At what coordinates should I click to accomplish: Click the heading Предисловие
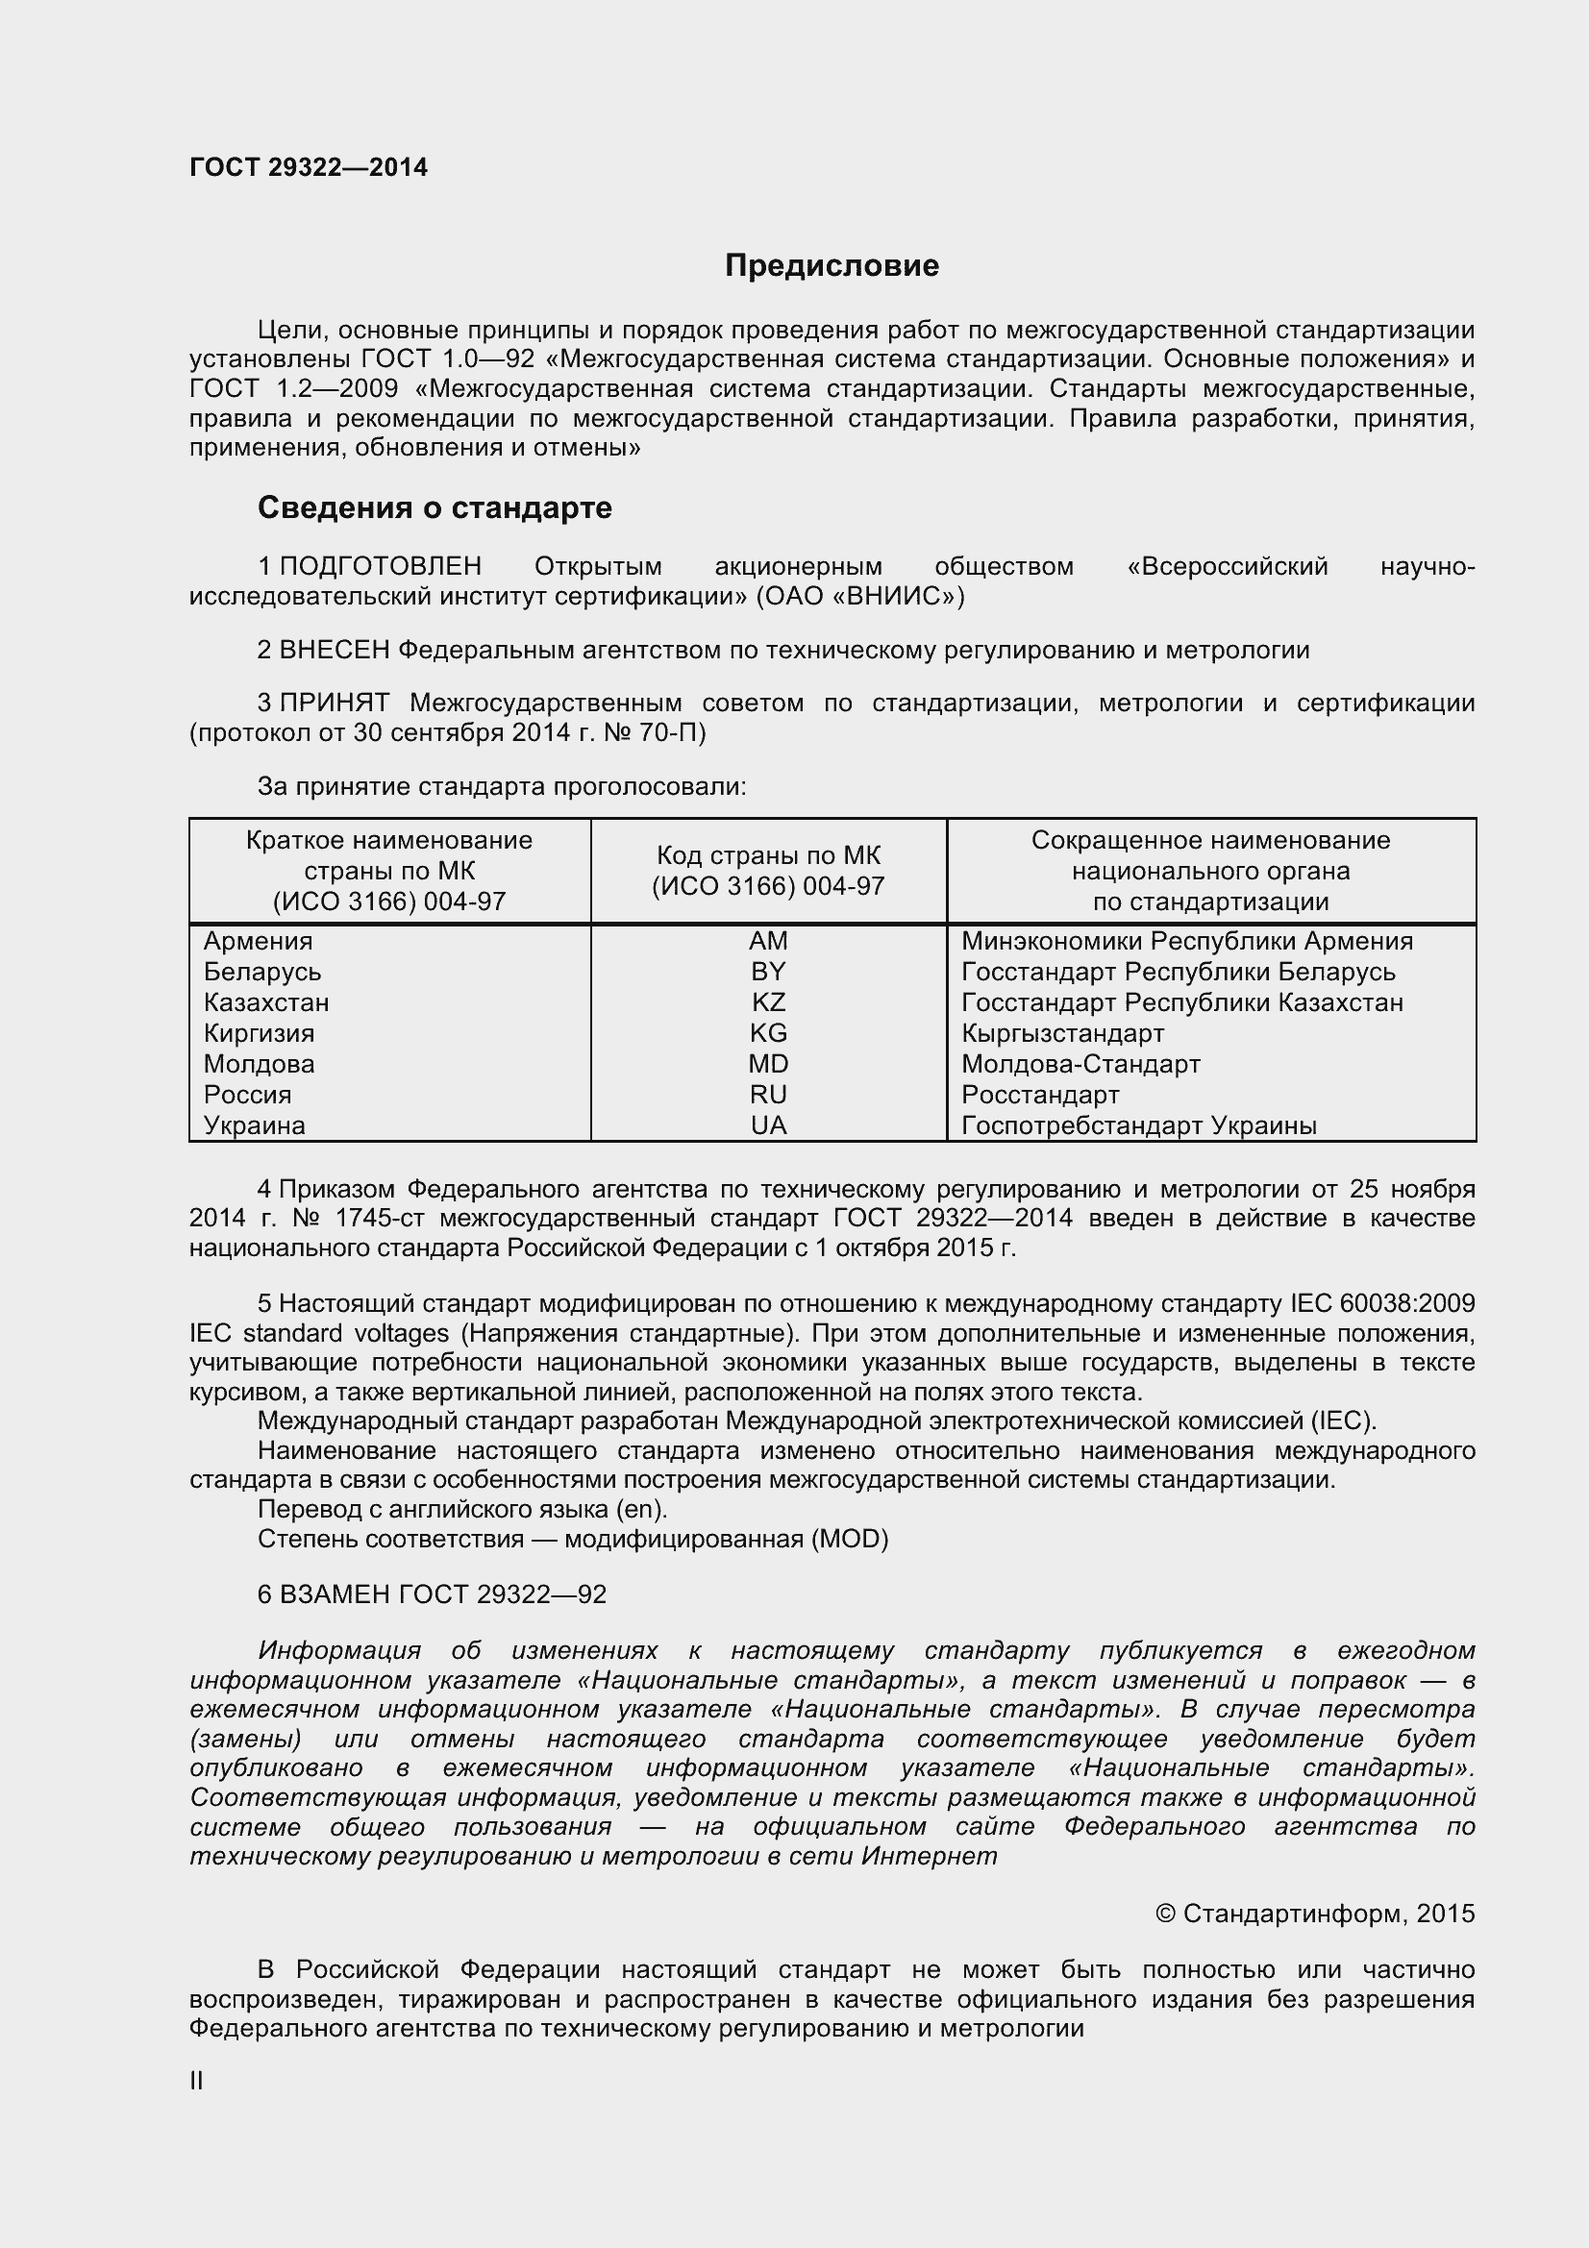pyautogui.click(x=832, y=265)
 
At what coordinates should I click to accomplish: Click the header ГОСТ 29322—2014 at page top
pyautogui.click(x=309, y=167)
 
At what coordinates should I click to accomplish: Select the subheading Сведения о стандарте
pyautogui.click(x=434, y=507)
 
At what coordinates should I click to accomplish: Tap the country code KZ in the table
pyautogui.click(x=769, y=1002)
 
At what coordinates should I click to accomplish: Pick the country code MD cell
pyautogui.click(x=769, y=1064)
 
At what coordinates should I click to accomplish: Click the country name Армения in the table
pyautogui.click(x=259, y=941)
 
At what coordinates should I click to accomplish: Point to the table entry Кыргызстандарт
pyautogui.click(x=1062, y=1034)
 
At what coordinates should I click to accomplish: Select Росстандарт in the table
pyautogui.click(x=1040, y=1095)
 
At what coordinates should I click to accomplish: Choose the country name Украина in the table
pyautogui.click(x=255, y=1126)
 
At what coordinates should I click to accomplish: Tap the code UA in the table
pyautogui.click(x=769, y=1126)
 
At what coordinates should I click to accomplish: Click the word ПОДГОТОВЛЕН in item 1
pyautogui.click(x=381, y=566)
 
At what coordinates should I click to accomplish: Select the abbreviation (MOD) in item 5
pyautogui.click(x=849, y=1539)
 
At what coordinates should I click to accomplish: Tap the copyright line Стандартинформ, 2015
pyautogui.click(x=1315, y=1914)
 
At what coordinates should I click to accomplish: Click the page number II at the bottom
pyautogui.click(x=197, y=2081)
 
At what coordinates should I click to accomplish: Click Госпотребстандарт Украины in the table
pyautogui.click(x=1138, y=1126)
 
